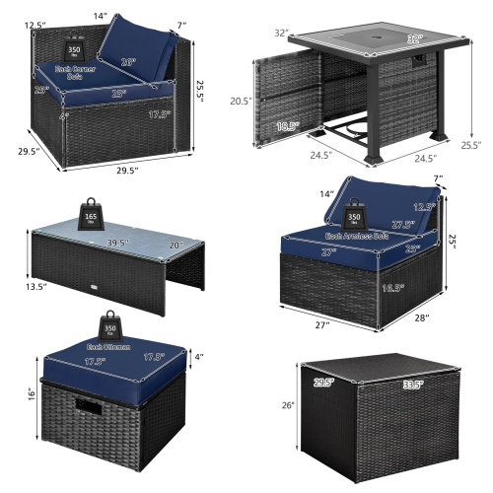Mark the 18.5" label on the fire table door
(287, 126)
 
